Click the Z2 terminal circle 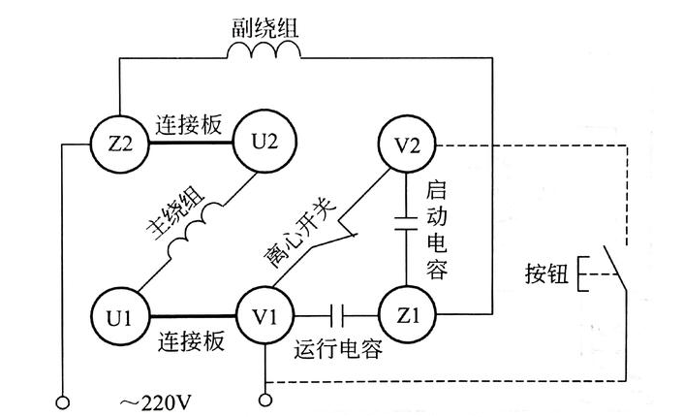point(118,144)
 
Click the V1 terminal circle point(264,316)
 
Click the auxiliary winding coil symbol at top point(264,56)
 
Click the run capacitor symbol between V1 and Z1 point(336,316)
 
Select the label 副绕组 point(264,24)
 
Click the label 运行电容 point(337,351)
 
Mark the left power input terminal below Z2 point(64,400)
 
